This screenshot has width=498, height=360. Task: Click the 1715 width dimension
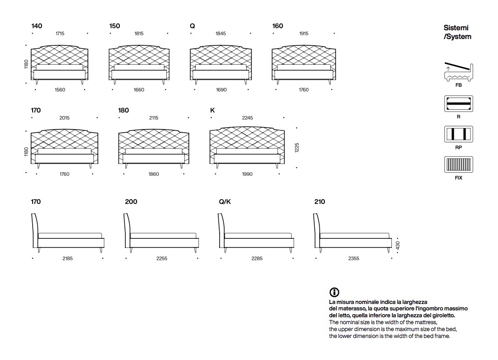60,34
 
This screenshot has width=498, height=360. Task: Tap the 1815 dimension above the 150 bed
139,34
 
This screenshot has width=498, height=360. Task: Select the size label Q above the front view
192,26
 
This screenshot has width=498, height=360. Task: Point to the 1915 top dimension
304,34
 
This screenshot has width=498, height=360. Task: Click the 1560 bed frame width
60,90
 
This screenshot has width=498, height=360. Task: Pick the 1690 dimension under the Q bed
221,90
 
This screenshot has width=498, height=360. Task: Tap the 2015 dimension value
64,118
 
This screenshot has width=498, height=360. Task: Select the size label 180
124,110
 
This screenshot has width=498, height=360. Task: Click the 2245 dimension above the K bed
247,118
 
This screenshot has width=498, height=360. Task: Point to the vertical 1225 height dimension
297,148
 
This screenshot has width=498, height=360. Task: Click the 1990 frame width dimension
247,174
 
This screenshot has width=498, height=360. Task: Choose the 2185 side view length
68,259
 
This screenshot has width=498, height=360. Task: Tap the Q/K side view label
225,202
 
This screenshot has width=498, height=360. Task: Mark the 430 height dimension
398,246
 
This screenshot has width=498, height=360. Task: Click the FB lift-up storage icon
458,72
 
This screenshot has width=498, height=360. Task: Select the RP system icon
458,134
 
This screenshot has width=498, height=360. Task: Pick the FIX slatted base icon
458,164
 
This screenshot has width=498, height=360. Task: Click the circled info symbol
334,292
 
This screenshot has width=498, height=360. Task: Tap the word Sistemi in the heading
456,28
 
